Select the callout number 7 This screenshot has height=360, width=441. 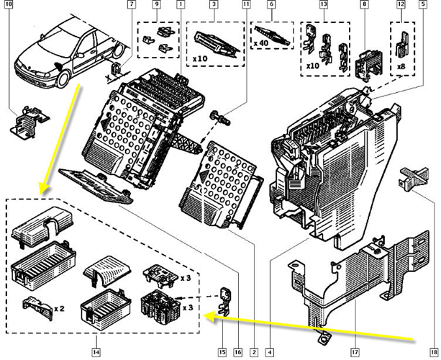click(x=131, y=5)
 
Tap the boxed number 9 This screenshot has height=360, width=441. click(x=157, y=5)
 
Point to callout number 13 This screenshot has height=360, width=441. click(x=324, y=5)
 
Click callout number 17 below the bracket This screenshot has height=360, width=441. click(x=354, y=352)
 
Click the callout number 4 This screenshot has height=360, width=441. click(x=268, y=352)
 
